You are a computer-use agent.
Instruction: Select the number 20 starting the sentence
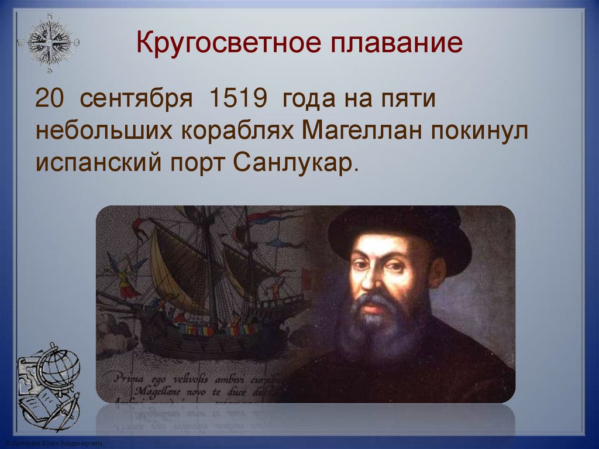click(x=50, y=99)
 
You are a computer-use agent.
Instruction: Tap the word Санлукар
click(x=295, y=162)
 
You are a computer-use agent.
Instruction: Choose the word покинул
click(x=480, y=131)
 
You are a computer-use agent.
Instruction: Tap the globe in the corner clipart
click(x=58, y=366)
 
